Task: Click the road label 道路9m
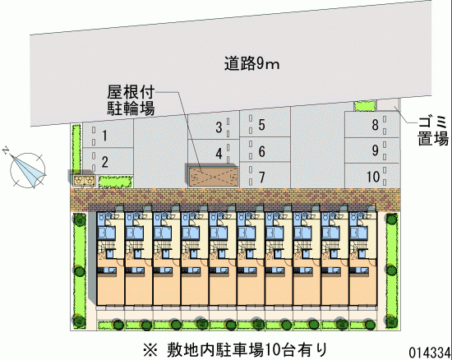252,64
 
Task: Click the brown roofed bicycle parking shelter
214,176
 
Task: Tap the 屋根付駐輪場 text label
131,100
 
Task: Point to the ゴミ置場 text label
433,131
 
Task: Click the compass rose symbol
27,170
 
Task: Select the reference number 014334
430,352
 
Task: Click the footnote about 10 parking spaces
235,349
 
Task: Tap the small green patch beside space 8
365,106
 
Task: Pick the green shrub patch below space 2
116,182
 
